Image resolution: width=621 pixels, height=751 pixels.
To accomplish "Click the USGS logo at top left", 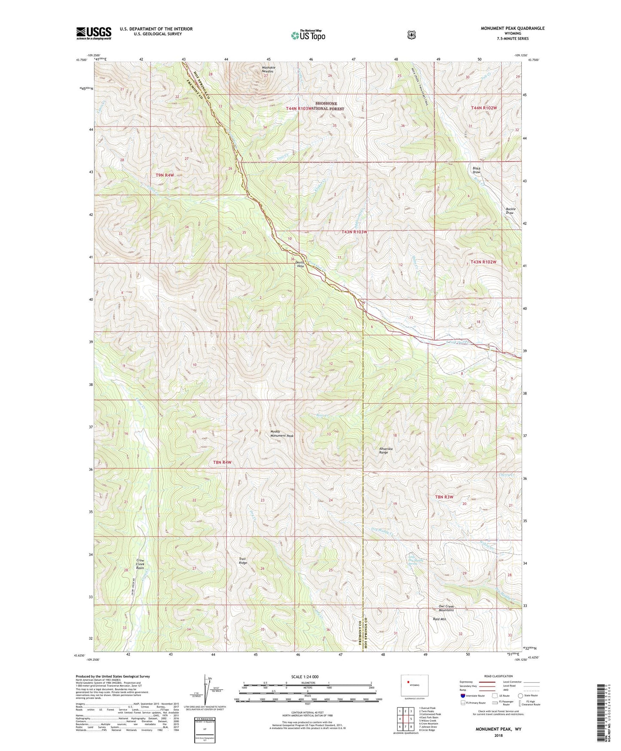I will click(x=94, y=33).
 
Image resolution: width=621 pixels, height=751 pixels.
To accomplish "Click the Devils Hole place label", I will click(x=300, y=264).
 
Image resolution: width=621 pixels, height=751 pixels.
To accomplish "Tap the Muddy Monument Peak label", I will click(x=282, y=434).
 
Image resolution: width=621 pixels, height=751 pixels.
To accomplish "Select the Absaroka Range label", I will click(x=386, y=450).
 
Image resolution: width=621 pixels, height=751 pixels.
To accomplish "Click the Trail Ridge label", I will click(x=243, y=561).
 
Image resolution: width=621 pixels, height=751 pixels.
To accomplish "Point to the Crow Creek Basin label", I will click(x=140, y=564).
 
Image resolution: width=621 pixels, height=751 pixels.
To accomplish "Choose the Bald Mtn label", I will click(x=440, y=619).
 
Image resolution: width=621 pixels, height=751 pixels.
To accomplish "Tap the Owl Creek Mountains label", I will click(x=446, y=608).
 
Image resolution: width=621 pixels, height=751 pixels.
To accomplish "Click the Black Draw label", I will click(x=476, y=170).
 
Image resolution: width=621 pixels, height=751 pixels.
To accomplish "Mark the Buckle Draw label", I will click(x=510, y=211).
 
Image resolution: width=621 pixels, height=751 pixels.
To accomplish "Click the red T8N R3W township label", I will click(x=444, y=497).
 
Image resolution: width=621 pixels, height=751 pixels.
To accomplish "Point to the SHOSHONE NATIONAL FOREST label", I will click(x=330, y=106).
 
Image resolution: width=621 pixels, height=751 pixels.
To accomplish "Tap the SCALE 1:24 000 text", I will click(x=305, y=677).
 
